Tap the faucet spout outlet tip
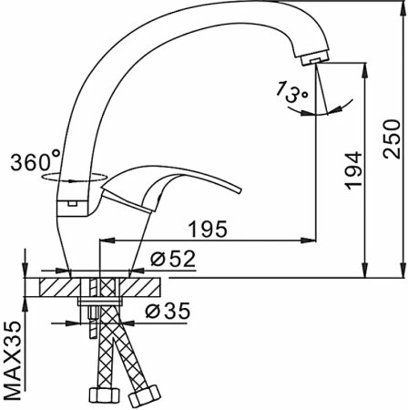click(312, 58)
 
